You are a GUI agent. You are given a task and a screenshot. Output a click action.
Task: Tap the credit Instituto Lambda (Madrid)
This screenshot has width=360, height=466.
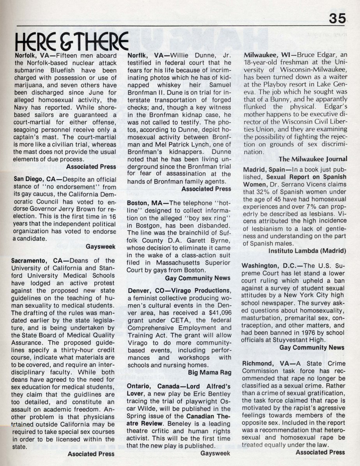(x=307, y=251)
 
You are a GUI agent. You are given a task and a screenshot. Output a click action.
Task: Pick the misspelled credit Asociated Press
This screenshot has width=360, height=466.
(x=91, y=454)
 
